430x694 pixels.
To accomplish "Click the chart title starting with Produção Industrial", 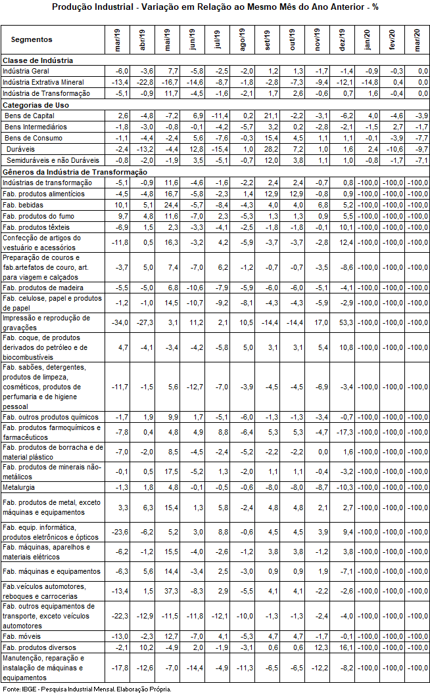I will pos(214,8).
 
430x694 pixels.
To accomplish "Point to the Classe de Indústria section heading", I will pos(37,60).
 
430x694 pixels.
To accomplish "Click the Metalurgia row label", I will pos(19,487).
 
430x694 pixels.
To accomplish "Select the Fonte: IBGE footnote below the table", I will pos(86,689).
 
